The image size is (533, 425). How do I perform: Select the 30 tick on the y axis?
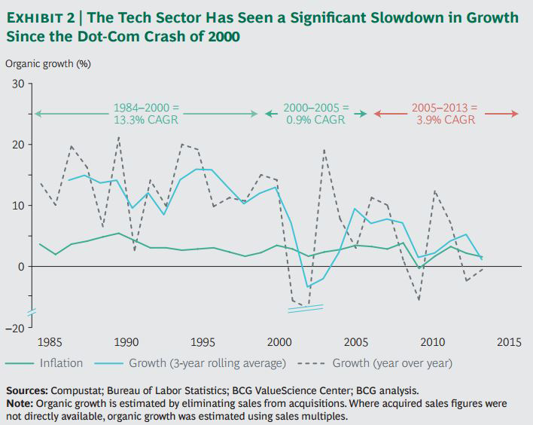(17, 84)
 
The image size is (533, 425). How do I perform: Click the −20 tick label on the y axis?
(15, 327)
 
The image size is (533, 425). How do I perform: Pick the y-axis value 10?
(17, 206)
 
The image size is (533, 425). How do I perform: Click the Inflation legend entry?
(62, 363)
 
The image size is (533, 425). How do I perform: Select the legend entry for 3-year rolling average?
(207, 363)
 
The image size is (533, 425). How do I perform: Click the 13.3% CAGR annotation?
(147, 120)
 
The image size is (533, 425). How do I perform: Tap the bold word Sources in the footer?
(26, 391)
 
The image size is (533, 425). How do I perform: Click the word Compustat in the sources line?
(78, 391)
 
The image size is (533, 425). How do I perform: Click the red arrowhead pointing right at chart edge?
(516, 114)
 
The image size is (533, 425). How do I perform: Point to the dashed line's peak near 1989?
(118, 137)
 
